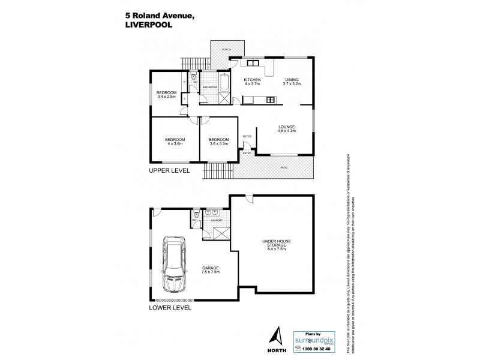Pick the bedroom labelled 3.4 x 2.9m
coord(166,94)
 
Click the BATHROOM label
coord(209,88)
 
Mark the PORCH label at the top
coord(227,49)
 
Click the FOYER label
coord(247,137)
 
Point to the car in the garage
coord(172,262)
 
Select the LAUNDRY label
coord(216,220)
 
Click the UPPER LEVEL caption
coord(170,171)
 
